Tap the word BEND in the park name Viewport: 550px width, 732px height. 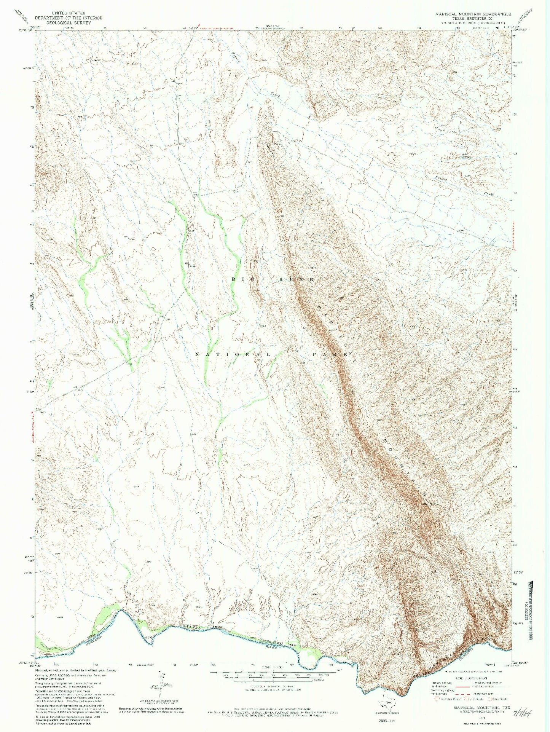tap(301, 280)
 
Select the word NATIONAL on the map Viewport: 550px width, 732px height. tap(233, 354)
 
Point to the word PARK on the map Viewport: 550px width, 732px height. tap(332, 354)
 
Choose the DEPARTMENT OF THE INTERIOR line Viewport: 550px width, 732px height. tap(69, 18)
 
